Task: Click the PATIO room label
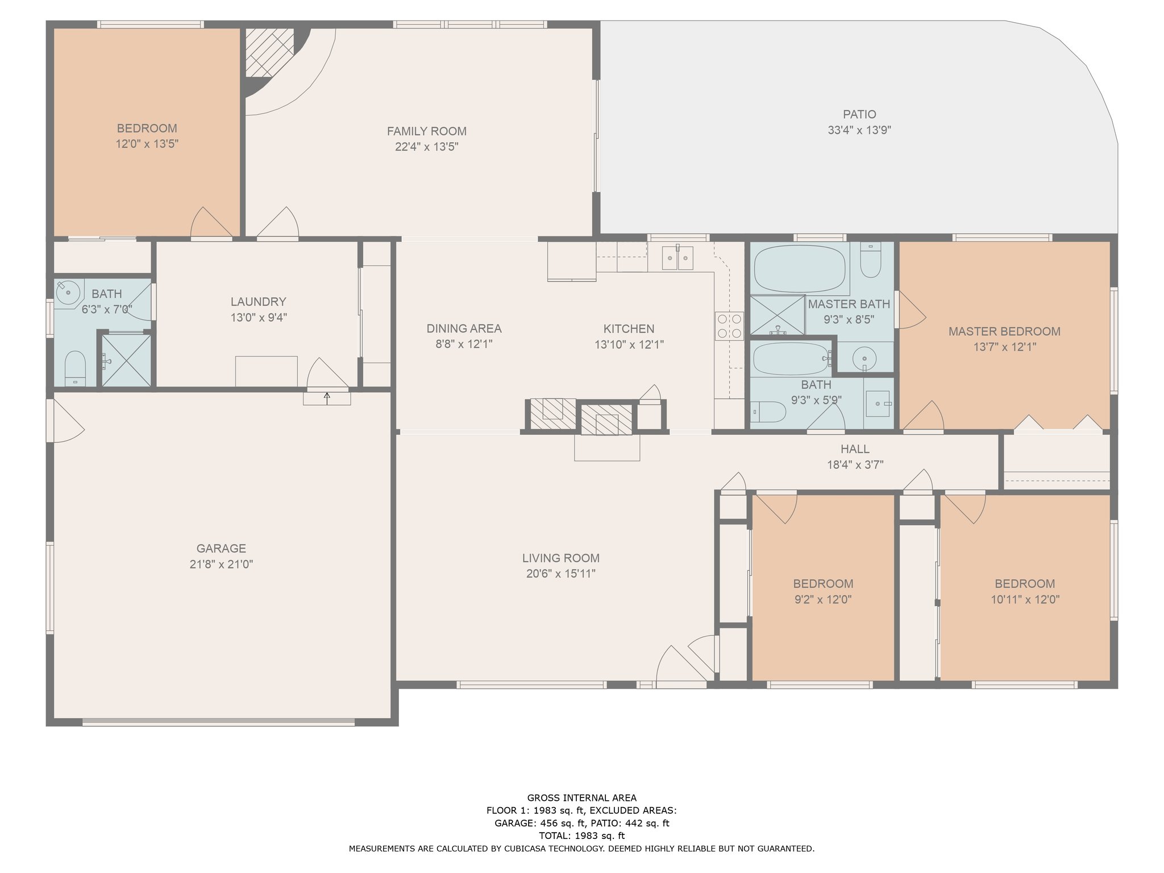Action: click(859, 114)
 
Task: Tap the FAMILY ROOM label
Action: click(427, 131)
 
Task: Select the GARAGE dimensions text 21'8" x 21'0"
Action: click(221, 564)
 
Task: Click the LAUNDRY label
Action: click(259, 302)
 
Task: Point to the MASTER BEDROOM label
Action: click(1004, 331)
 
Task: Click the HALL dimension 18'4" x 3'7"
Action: click(855, 465)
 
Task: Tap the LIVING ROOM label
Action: click(561, 558)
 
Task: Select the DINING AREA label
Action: click(464, 329)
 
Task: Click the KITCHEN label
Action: click(629, 329)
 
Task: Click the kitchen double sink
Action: click(677, 258)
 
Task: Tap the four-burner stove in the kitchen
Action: click(729, 326)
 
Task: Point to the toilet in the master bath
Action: click(870, 260)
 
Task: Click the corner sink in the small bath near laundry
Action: click(69, 292)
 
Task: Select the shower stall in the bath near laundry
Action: click(126, 360)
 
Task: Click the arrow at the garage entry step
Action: click(327, 398)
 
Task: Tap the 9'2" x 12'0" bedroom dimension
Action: click(823, 600)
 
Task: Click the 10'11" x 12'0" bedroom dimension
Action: click(1025, 600)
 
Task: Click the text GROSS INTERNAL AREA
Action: click(581, 798)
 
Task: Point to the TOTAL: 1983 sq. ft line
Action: click(581, 836)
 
